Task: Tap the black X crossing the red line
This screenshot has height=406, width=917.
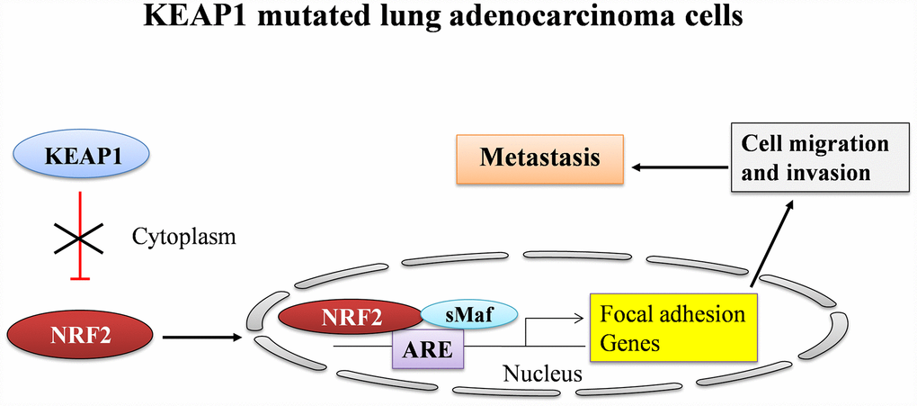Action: [82, 239]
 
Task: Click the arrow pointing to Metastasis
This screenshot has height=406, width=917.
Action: [677, 167]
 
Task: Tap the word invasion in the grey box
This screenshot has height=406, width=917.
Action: [829, 172]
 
